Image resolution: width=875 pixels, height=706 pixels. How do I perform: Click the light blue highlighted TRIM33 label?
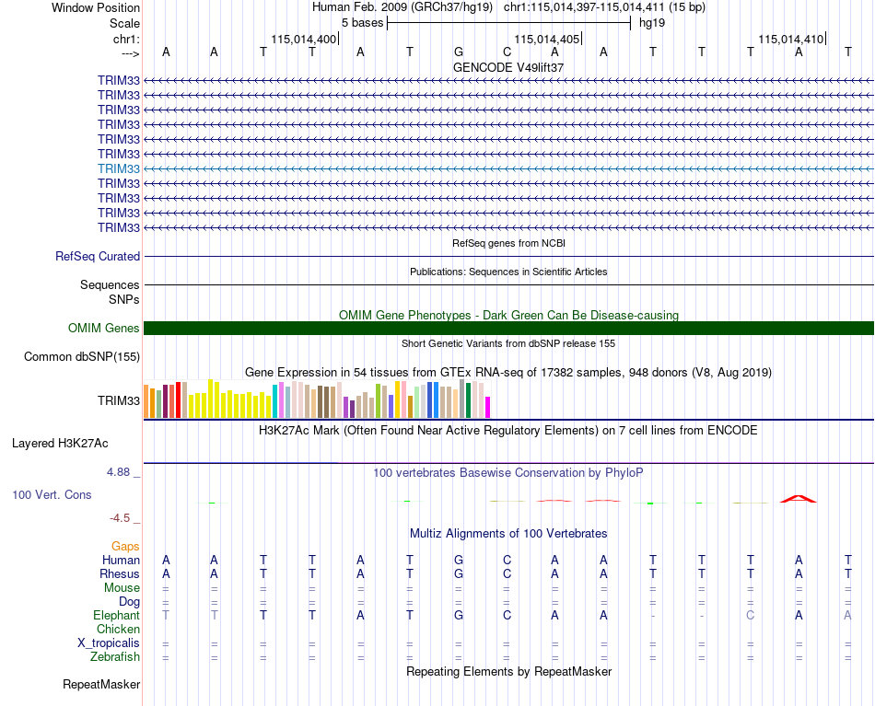pyautogui.click(x=118, y=168)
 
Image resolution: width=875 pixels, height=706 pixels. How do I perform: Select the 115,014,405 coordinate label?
pyautogui.click(x=547, y=39)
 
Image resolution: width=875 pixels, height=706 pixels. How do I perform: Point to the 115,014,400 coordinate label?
pyautogui.click(x=304, y=39)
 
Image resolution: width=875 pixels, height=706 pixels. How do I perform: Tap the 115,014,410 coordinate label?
pyautogui.click(x=791, y=39)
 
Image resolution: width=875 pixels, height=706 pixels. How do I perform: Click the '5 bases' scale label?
pyautogui.click(x=363, y=23)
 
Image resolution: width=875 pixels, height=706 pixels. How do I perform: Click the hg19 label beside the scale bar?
pyautogui.click(x=652, y=23)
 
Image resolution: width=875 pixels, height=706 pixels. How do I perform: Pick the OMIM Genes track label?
pyautogui.click(x=104, y=328)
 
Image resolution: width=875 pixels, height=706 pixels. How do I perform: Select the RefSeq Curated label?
pyautogui.click(x=98, y=256)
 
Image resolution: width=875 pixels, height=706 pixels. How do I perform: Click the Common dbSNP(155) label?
pyautogui.click(x=82, y=356)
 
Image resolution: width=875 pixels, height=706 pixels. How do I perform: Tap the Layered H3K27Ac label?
pyautogui.click(x=60, y=444)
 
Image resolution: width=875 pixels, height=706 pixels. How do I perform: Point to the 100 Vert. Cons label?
pyautogui.click(x=52, y=494)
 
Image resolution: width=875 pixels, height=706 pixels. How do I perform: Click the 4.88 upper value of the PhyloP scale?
pyautogui.click(x=118, y=472)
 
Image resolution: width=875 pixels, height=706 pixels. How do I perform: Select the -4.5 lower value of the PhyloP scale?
pyautogui.click(x=120, y=518)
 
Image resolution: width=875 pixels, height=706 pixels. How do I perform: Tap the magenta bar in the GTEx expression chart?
pyautogui.click(x=488, y=407)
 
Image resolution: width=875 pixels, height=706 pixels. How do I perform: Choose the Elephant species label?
pyautogui.click(x=116, y=615)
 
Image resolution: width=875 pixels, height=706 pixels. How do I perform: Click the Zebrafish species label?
pyautogui.click(x=115, y=656)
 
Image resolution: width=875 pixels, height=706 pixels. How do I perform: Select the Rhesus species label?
pyautogui.click(x=120, y=573)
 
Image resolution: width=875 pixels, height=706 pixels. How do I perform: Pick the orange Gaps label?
pyautogui.click(x=125, y=546)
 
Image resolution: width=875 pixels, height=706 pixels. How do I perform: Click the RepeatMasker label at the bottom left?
pyautogui.click(x=101, y=684)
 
